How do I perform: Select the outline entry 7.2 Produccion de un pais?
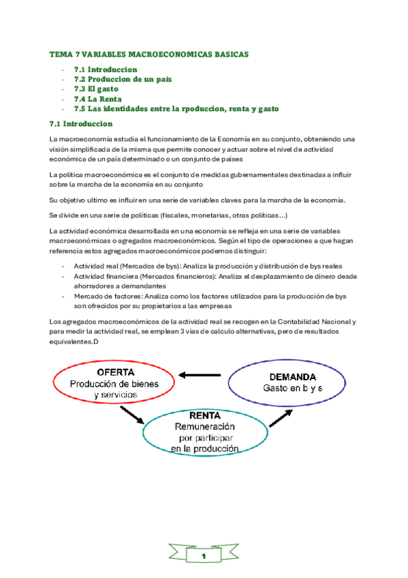123,79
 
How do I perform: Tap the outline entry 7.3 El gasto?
96,89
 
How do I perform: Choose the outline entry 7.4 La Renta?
97,99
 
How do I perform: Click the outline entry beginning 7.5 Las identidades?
176,108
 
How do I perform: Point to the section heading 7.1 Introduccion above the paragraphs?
81,124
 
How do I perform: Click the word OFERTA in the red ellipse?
115,373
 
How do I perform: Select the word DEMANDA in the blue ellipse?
292,376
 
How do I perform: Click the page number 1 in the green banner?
204,557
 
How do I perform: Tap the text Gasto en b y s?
292,388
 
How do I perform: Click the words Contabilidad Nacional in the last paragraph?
317,321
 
